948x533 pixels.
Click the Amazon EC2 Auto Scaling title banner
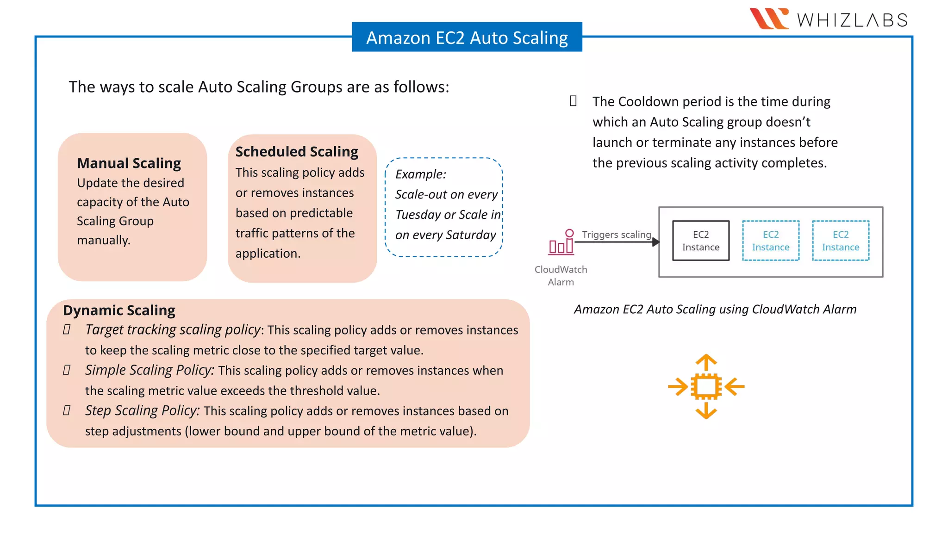pyautogui.click(x=467, y=37)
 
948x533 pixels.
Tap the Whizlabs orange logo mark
pyautogui.click(x=769, y=19)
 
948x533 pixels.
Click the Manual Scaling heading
pyautogui.click(x=129, y=163)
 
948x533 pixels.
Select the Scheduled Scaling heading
pyautogui.click(x=297, y=152)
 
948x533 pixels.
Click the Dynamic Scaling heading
pyautogui.click(x=119, y=310)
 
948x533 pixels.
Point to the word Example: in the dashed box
pyautogui.click(x=420, y=174)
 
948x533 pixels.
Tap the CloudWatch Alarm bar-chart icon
pyautogui.click(x=561, y=242)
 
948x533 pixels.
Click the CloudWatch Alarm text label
pyautogui.click(x=561, y=276)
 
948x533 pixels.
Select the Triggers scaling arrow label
pyautogui.click(x=616, y=235)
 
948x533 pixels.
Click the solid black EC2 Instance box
pyautogui.click(x=700, y=241)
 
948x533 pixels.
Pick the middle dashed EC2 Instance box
pyautogui.click(x=770, y=241)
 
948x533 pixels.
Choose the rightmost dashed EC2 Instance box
pyautogui.click(x=840, y=241)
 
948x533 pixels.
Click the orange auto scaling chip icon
pyautogui.click(x=706, y=386)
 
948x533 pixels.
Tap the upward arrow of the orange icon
pyautogui.click(x=706, y=361)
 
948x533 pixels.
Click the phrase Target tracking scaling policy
pyautogui.click(x=173, y=330)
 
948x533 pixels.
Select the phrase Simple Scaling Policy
pyautogui.click(x=149, y=370)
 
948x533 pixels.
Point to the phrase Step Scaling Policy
pyautogui.click(x=142, y=411)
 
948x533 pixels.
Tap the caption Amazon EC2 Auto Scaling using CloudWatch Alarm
pyautogui.click(x=715, y=309)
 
